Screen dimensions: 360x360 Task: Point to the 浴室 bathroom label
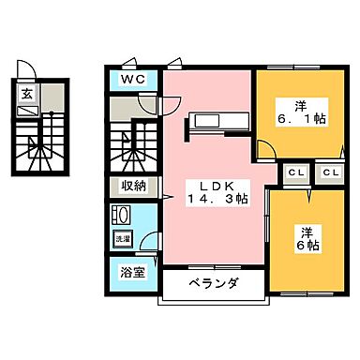point(132,274)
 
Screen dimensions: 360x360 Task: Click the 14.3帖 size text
point(217,199)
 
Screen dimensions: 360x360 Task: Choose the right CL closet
point(329,172)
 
